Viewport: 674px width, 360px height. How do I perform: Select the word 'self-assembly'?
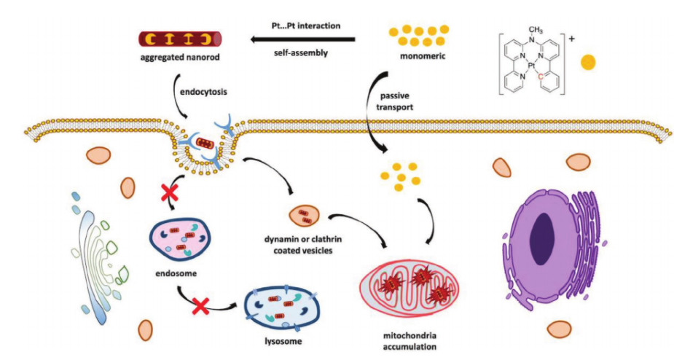point(300,53)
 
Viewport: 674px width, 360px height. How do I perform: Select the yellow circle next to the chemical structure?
point(588,62)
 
